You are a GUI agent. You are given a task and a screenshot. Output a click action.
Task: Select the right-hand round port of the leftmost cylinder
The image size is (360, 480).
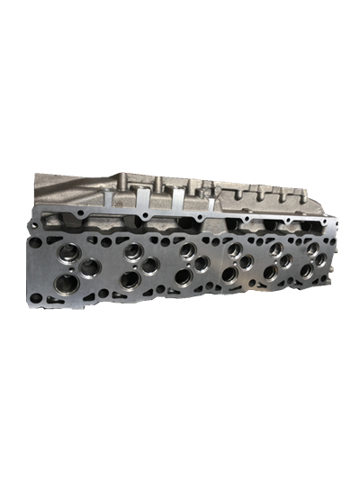tap(90, 268)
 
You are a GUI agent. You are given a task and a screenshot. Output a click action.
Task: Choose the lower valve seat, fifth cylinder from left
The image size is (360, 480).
tap(270, 270)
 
